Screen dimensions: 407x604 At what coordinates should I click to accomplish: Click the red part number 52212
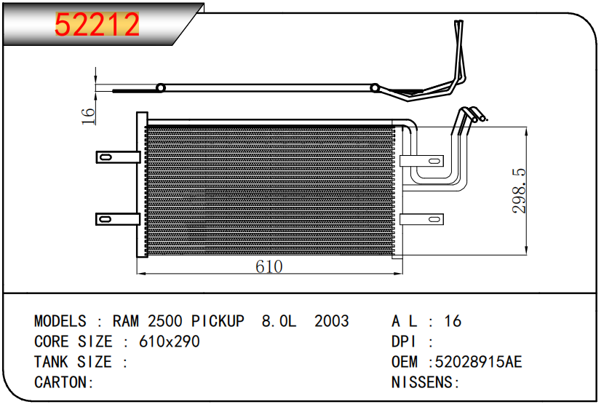click(x=98, y=25)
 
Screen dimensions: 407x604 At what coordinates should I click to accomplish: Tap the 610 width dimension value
click(x=269, y=266)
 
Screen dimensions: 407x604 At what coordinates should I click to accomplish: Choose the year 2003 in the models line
click(x=331, y=321)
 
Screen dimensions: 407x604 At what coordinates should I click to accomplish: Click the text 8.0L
click(x=279, y=321)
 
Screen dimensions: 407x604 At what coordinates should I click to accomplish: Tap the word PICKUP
click(x=218, y=321)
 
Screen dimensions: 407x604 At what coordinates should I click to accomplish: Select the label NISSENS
click(x=424, y=382)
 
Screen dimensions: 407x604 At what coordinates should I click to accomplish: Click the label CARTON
click(x=63, y=382)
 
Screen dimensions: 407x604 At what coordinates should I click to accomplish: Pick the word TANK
click(x=52, y=362)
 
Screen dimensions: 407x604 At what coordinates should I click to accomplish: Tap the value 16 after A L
click(x=453, y=321)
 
